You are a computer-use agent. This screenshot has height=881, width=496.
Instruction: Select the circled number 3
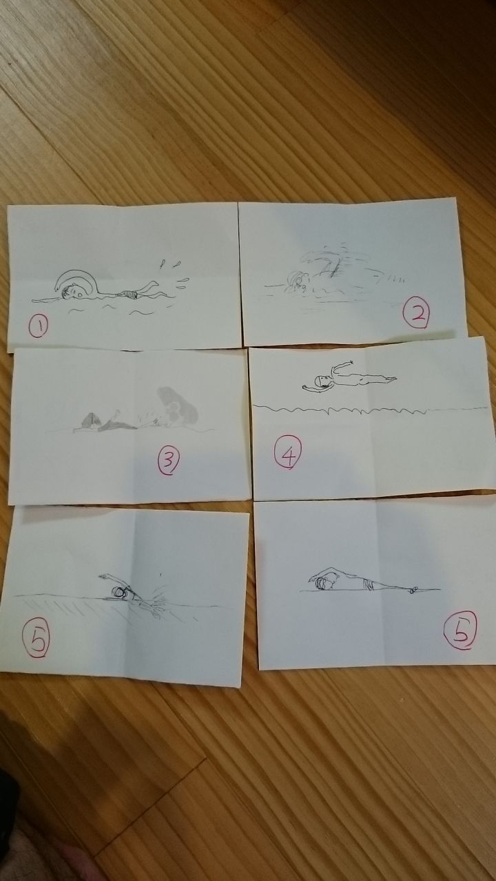pyautogui.click(x=169, y=461)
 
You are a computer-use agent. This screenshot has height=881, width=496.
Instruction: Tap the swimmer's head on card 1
pyautogui.click(x=73, y=292)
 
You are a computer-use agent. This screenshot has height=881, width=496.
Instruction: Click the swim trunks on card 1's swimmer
pyautogui.click(x=129, y=294)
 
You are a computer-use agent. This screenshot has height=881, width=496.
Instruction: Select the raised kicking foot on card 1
pyautogui.click(x=153, y=283)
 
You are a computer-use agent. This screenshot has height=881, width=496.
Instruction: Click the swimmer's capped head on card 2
pyautogui.click(x=296, y=280)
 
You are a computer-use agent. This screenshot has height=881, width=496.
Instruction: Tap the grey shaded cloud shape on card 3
pyautogui.click(x=177, y=406)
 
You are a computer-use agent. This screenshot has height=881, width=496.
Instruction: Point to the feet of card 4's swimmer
pyautogui.click(x=390, y=379)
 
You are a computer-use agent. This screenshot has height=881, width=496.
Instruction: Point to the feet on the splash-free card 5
pyautogui.click(x=413, y=589)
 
